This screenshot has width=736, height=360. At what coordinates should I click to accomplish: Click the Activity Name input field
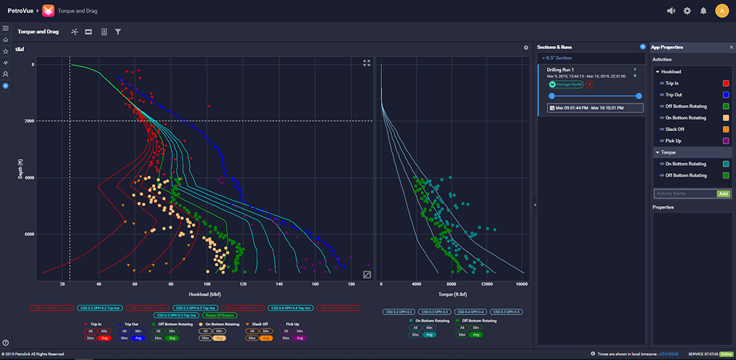[684, 193]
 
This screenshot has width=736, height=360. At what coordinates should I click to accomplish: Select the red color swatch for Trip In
[725, 84]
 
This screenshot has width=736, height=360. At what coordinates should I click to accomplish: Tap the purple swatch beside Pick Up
[725, 141]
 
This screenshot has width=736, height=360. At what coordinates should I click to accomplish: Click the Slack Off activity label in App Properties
[674, 129]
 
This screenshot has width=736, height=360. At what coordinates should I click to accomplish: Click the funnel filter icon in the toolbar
[118, 31]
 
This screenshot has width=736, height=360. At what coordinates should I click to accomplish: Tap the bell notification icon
[703, 11]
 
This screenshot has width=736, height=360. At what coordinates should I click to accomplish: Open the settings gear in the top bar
[687, 11]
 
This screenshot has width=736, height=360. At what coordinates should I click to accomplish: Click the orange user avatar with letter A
[721, 11]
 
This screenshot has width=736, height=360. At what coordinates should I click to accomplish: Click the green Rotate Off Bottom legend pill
[219, 315]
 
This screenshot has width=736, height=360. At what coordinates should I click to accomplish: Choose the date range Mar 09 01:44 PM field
[595, 108]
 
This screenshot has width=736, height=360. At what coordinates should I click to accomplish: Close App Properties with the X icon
[731, 48]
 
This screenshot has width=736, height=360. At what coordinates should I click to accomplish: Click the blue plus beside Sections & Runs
[643, 47]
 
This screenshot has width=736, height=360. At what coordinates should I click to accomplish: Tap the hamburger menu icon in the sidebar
[5, 28]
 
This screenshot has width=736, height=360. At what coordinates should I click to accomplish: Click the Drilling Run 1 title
[561, 70]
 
